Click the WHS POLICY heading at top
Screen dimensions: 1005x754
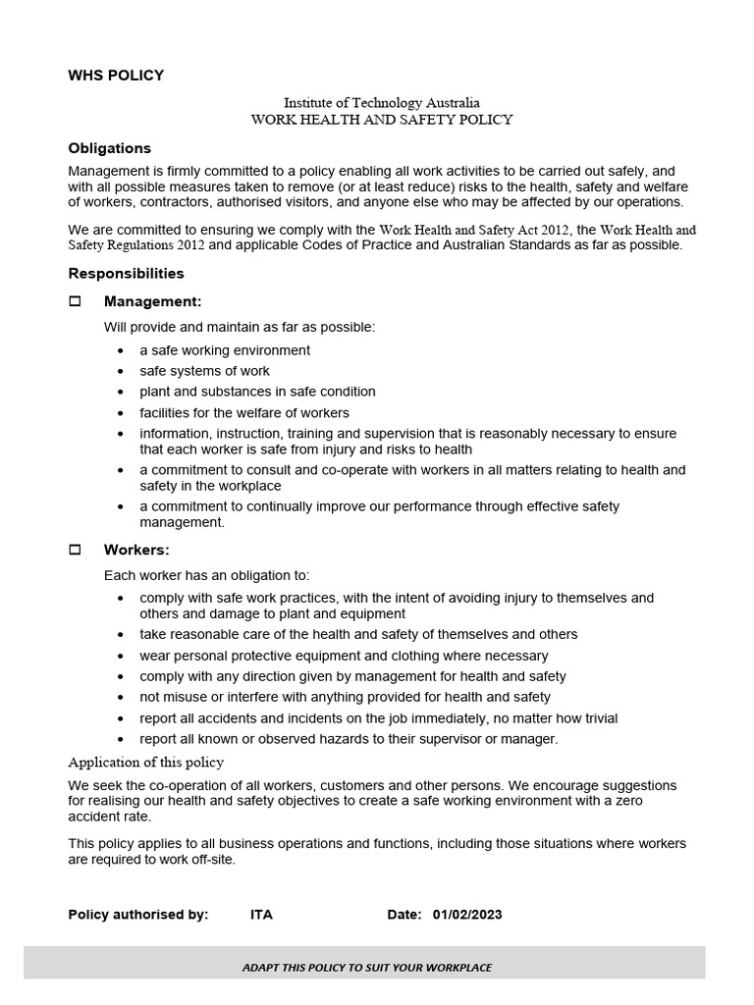[x=116, y=75]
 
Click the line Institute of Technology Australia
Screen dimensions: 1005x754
[x=381, y=102]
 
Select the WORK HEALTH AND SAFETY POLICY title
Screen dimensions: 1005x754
[x=381, y=120]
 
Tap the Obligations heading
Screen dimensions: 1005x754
[x=109, y=148]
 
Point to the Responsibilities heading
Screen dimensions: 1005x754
[x=126, y=273]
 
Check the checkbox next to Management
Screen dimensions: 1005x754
[x=76, y=301]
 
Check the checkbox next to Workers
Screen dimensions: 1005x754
[x=76, y=551]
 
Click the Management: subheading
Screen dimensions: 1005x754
[x=152, y=301]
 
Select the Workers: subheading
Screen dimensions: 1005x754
[x=136, y=551]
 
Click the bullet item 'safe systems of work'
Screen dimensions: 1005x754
[x=204, y=371]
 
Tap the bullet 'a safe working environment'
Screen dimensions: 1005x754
[x=225, y=350]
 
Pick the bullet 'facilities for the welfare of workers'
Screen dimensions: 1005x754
[x=244, y=412]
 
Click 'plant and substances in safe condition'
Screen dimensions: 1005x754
[x=257, y=392]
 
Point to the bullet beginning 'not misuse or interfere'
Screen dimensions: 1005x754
[x=345, y=697]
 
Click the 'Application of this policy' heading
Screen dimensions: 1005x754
[x=145, y=763]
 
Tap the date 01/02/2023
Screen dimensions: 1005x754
[x=467, y=915]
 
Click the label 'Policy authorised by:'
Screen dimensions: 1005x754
[x=138, y=915]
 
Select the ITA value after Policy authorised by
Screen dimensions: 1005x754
[x=261, y=915]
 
